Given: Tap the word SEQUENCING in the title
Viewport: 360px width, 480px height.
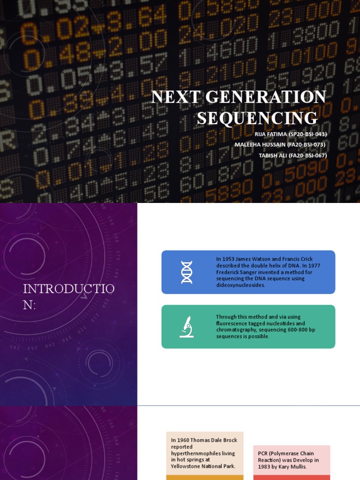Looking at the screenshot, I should [257, 118].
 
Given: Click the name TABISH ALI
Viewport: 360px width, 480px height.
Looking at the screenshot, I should [273, 156].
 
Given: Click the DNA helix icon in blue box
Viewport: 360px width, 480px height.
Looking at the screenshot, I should [187, 272].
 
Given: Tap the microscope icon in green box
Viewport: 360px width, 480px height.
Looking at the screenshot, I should [187, 327].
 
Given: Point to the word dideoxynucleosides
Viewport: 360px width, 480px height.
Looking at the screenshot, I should [240, 285].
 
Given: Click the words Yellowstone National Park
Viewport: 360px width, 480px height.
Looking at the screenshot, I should [203, 466].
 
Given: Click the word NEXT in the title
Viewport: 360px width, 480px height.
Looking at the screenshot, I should [174, 97].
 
